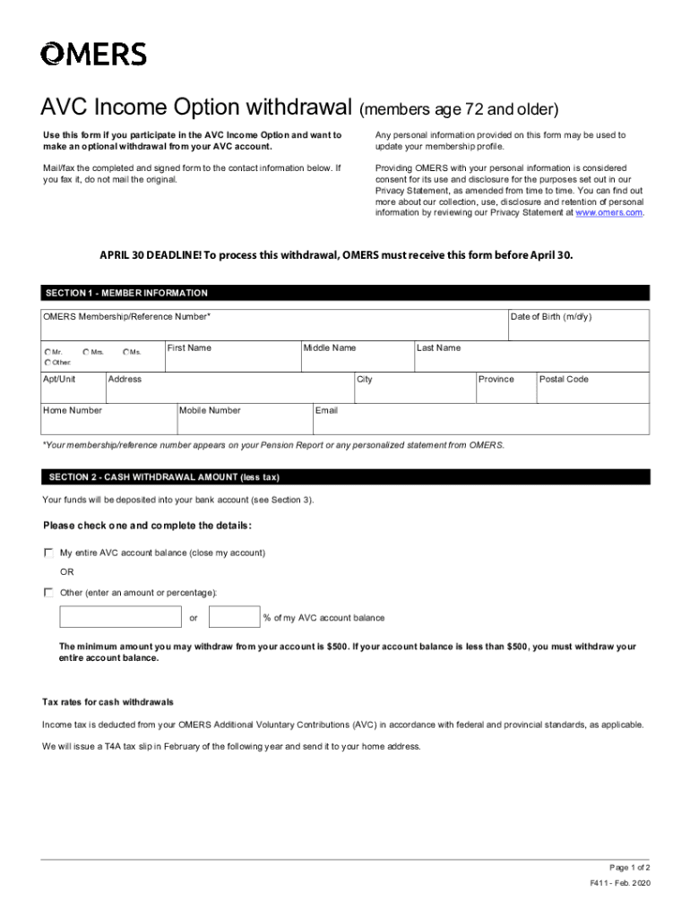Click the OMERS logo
tap(93, 54)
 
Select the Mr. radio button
tap(47, 352)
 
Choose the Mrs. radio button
tap(86, 352)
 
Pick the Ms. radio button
tap(126, 352)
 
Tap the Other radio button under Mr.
tap(47, 362)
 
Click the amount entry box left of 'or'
tap(120, 617)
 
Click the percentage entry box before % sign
tap(234, 617)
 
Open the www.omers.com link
tap(608, 212)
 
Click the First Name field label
tap(189, 347)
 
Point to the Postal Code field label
tap(564, 379)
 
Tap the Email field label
tap(326, 410)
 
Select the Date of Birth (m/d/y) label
tap(550, 317)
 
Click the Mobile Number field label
tap(211, 410)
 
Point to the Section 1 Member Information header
tap(125, 293)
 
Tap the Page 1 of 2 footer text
tap(629, 868)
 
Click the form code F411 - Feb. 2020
tap(620, 883)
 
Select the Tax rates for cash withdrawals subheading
tap(108, 701)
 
